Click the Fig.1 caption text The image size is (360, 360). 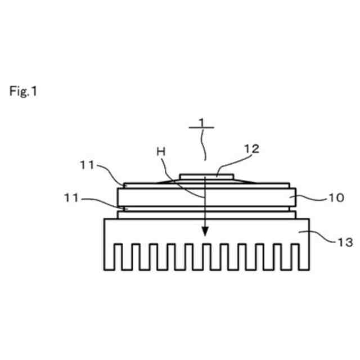click(22, 91)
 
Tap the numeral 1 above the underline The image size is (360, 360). click(201, 121)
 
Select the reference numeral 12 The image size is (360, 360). click(251, 148)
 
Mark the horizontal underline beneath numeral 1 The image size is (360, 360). click(201, 128)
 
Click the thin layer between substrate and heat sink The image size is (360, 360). click(169, 214)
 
